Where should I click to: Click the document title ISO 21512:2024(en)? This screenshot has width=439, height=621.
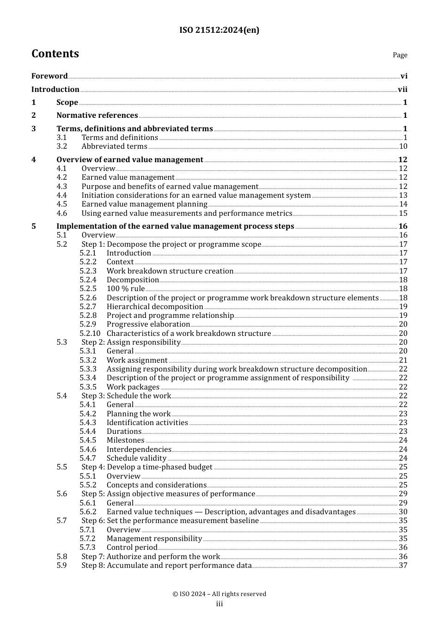(x=219, y=30)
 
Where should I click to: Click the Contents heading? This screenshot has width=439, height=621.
(x=55, y=54)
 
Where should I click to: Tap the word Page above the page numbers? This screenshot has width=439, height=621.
(x=400, y=55)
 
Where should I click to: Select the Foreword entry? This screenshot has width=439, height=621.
(x=49, y=76)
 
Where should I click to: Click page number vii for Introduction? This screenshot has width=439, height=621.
(x=402, y=90)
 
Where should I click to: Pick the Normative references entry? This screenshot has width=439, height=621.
(x=97, y=116)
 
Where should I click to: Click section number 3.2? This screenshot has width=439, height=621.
(x=62, y=146)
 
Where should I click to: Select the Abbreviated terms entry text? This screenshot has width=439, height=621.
(x=114, y=146)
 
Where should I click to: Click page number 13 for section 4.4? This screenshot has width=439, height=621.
(x=403, y=195)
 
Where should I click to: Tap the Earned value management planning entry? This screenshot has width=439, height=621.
(x=144, y=204)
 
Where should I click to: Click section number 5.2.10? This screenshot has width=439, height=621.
(x=90, y=334)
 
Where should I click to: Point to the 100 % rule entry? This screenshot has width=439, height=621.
(x=125, y=289)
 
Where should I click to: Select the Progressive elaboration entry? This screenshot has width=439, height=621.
(x=148, y=324)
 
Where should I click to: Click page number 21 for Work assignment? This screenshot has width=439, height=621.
(x=403, y=360)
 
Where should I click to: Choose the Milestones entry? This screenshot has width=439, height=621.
(x=125, y=440)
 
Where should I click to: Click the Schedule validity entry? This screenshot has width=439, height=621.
(x=136, y=458)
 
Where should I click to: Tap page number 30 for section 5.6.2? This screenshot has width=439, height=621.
(x=403, y=512)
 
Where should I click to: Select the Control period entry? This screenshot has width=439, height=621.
(x=132, y=548)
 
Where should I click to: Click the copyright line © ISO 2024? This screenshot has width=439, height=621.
(x=219, y=594)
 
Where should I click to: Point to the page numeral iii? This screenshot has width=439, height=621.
(x=219, y=604)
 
